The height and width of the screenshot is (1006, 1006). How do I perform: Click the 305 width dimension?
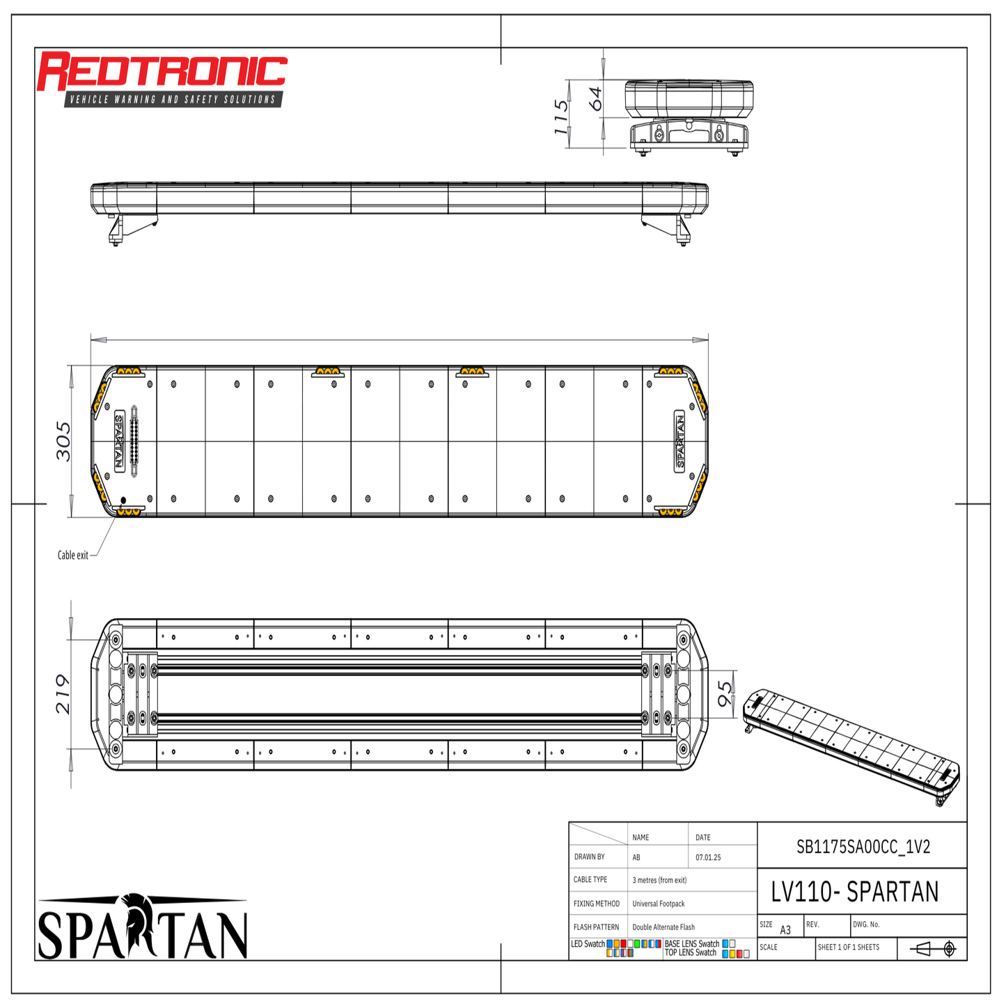point(63,441)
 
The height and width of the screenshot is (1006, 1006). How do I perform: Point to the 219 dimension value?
point(63,694)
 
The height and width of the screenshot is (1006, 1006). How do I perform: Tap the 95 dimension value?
point(725,694)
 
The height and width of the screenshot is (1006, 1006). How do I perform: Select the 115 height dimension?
point(560,116)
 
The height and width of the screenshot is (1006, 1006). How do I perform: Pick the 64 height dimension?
point(595,99)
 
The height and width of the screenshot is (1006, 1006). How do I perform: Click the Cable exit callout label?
point(72,556)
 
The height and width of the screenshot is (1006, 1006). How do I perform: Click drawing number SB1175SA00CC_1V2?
point(863,847)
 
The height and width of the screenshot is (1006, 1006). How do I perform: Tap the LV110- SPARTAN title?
point(855,892)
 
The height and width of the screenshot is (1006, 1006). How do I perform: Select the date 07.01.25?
point(708,857)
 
